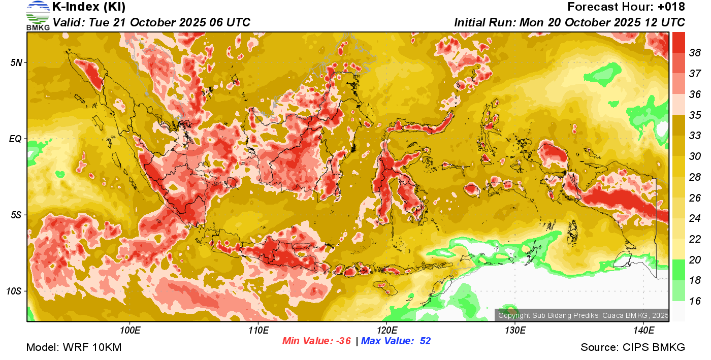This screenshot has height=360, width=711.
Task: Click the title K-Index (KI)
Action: point(89,7)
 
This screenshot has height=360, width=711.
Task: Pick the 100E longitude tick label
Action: point(130,331)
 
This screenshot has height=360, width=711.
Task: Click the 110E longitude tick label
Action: point(258,331)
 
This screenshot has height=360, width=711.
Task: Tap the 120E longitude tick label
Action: point(386,331)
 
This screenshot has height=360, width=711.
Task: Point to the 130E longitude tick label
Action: point(515,331)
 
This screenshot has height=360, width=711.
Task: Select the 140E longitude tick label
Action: point(643,331)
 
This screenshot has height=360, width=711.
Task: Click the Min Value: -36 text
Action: point(316,341)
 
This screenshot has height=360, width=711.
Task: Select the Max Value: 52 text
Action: point(396,341)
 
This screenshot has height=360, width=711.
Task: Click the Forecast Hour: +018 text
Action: point(626,7)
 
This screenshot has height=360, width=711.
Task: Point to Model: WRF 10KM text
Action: point(74,347)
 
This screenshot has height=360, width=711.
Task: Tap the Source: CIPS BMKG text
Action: point(633,347)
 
